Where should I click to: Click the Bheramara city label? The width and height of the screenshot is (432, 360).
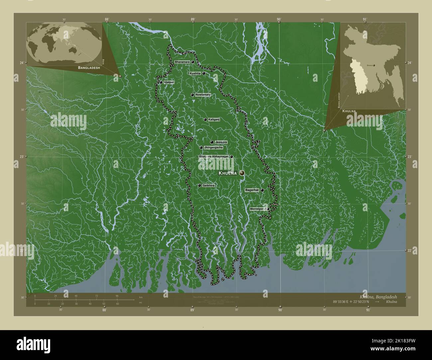182,62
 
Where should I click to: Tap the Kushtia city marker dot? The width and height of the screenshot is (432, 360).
203,73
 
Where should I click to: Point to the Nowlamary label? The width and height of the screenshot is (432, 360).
203,95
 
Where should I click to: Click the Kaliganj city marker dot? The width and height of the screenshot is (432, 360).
205,120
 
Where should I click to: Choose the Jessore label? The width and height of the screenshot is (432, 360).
221,142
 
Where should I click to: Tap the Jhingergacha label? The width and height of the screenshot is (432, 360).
213,147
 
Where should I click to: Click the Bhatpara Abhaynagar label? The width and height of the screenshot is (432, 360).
214,156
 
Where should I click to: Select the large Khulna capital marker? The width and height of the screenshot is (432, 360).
242,173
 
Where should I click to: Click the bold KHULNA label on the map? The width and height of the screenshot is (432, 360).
228,173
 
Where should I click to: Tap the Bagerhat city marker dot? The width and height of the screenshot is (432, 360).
262,190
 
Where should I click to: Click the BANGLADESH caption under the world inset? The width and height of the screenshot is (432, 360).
89,67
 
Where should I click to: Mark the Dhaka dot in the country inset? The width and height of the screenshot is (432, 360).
374,66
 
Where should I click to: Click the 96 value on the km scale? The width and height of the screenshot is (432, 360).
117,296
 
